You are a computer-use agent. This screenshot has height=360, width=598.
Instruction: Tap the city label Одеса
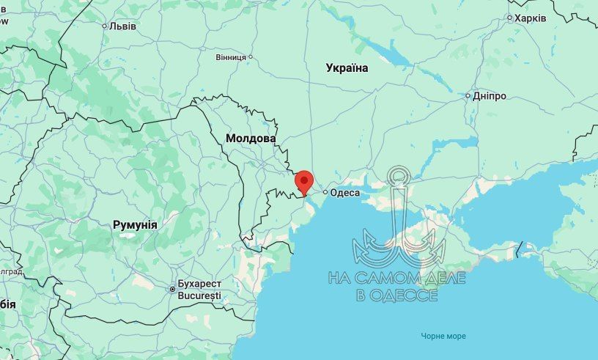(x=345, y=193)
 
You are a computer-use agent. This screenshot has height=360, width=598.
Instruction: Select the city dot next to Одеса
(x=325, y=193)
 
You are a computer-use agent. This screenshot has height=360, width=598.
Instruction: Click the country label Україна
(x=347, y=68)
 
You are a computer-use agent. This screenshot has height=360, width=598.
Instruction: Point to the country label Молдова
(x=251, y=138)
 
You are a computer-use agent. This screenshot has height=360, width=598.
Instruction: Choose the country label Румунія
(x=135, y=224)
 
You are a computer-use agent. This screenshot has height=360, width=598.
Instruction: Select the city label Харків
(x=530, y=18)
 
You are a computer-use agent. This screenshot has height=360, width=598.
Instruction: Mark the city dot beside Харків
(x=509, y=18)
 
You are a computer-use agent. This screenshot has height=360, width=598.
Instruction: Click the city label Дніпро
(x=490, y=95)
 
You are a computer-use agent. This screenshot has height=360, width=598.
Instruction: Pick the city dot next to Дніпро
(x=468, y=95)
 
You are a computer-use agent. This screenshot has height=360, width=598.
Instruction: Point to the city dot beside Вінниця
(x=250, y=56)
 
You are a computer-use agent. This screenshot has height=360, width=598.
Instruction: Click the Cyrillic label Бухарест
(x=199, y=284)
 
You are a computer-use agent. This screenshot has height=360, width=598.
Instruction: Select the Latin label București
(x=199, y=295)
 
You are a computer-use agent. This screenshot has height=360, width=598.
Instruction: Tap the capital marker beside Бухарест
(x=172, y=288)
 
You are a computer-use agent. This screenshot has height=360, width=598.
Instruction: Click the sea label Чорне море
(x=443, y=336)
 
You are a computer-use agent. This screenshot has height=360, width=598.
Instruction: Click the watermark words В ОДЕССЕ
(x=396, y=295)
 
